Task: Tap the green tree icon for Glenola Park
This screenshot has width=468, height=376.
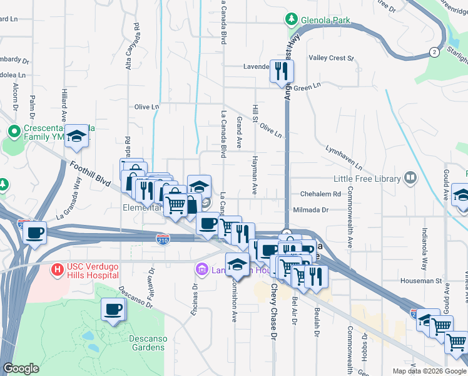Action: (x=291, y=19)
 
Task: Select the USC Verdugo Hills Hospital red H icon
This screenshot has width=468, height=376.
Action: (x=57, y=270)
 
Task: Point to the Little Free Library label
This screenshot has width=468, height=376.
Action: (x=367, y=179)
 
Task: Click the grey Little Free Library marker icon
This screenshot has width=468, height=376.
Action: (x=410, y=179)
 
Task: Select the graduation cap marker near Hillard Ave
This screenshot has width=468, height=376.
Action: (x=76, y=135)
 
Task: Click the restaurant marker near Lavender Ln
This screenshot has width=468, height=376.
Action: (x=280, y=71)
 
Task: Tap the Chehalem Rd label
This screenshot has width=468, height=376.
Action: (x=320, y=194)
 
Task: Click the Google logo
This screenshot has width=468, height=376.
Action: (x=21, y=368)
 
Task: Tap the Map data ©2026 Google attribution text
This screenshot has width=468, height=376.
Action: (x=429, y=371)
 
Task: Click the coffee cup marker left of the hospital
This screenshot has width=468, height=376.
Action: (x=34, y=233)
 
